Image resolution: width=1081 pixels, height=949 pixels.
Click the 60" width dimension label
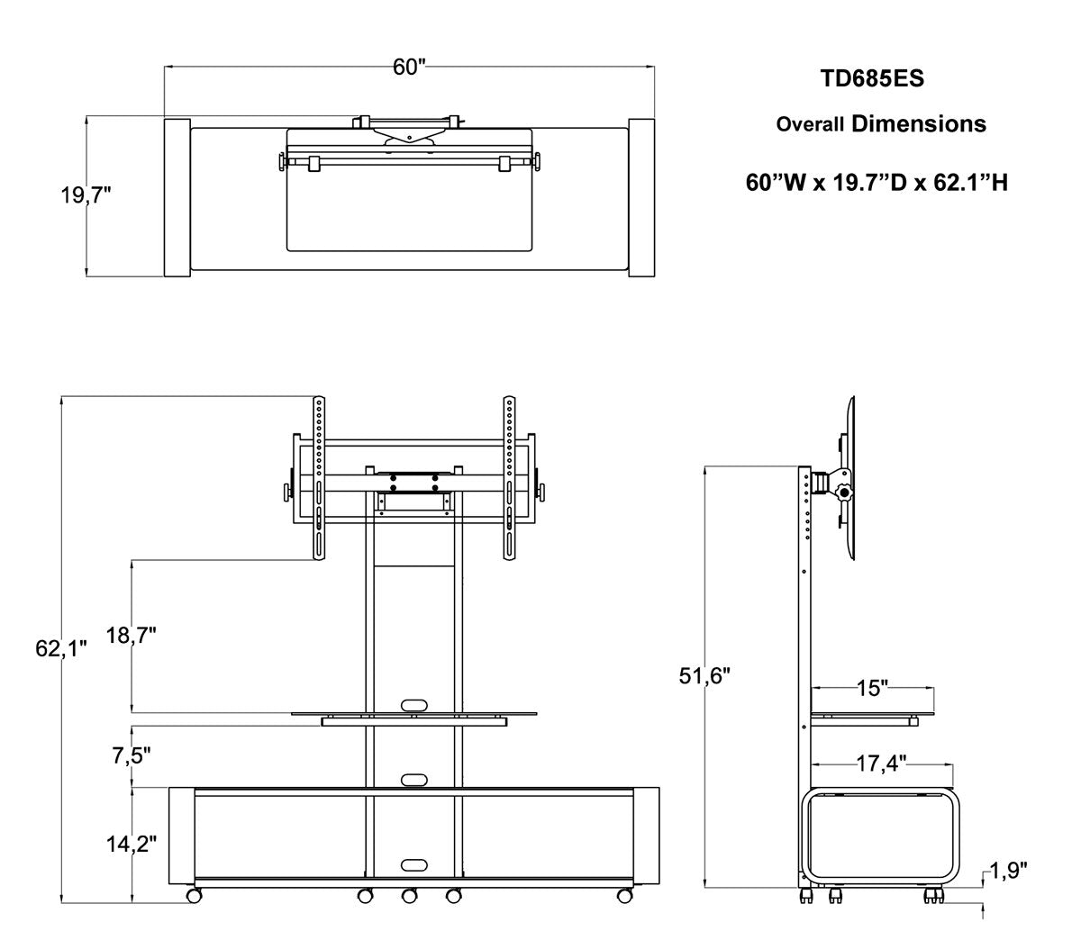(408, 68)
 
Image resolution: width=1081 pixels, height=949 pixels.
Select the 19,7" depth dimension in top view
(86, 195)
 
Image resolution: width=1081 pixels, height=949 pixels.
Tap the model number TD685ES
(871, 78)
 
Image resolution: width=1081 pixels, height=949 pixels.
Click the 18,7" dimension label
(132, 635)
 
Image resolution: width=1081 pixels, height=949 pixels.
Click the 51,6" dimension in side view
(704, 675)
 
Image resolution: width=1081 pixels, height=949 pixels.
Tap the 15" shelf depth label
(871, 689)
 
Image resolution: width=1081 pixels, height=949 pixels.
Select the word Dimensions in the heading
(918, 123)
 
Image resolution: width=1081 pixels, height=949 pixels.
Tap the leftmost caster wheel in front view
(193, 896)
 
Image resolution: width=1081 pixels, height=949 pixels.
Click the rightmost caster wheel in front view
(622, 896)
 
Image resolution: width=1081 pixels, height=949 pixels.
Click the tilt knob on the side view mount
(844, 493)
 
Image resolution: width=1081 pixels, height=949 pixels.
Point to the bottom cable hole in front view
(413, 864)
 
